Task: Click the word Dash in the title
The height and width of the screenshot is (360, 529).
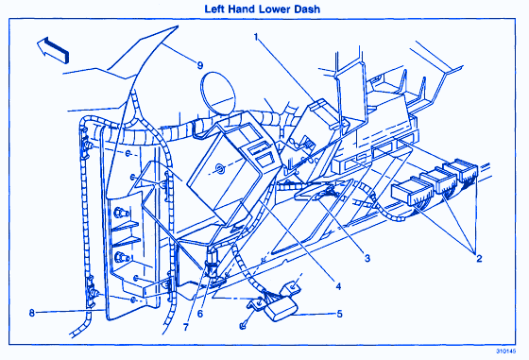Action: point(307,9)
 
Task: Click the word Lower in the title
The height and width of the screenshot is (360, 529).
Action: point(274,9)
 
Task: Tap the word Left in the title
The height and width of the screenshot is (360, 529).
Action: point(214,9)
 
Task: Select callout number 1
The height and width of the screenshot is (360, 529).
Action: point(256,37)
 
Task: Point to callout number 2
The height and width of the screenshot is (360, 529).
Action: point(479,259)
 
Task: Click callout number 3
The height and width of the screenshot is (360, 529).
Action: point(367,259)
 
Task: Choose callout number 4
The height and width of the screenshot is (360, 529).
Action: point(338,286)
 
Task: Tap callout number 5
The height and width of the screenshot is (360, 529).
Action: point(339,314)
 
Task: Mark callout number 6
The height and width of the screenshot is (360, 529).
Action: point(200,314)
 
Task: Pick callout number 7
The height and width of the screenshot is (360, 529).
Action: point(185,327)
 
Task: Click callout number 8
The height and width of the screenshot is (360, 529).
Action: point(32,313)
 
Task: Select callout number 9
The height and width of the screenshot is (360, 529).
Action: point(200,65)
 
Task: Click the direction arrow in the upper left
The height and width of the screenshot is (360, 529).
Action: point(53,49)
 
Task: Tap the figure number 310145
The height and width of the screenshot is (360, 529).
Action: point(505,351)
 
